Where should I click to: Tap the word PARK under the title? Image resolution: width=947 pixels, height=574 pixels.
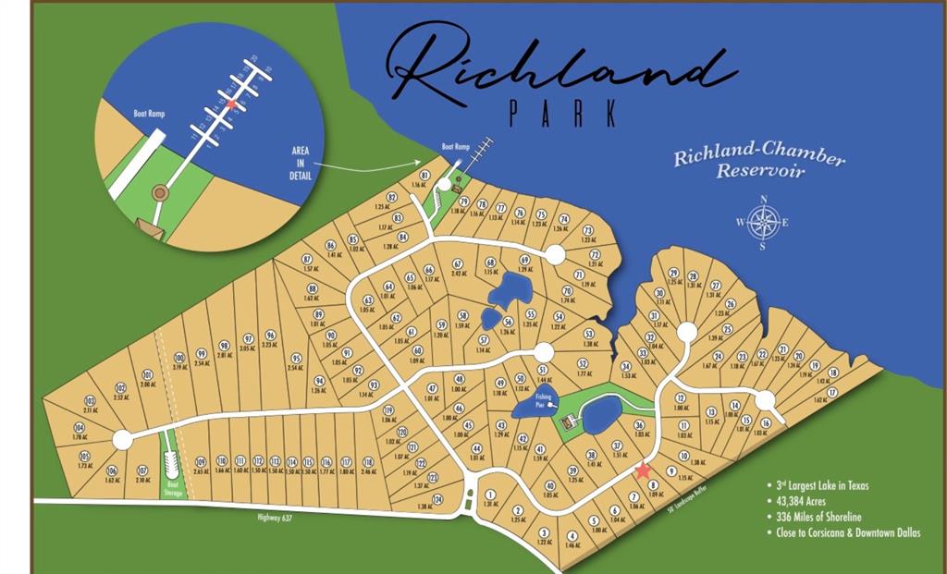click(562, 114)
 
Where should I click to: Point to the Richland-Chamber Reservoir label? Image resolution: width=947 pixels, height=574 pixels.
click(758, 161)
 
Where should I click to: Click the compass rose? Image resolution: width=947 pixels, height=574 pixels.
click(763, 222)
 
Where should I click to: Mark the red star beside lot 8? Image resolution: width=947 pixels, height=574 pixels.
click(644, 471)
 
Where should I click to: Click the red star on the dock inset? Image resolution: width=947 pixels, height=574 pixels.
click(231, 104)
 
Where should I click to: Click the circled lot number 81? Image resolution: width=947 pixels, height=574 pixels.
click(424, 175)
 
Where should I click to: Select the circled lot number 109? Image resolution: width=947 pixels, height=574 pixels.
click(201, 461)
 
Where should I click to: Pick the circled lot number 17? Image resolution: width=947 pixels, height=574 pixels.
click(831, 392)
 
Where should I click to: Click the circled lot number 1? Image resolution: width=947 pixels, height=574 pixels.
click(490, 495)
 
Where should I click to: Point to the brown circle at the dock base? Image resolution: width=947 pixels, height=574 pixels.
click(160, 193)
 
